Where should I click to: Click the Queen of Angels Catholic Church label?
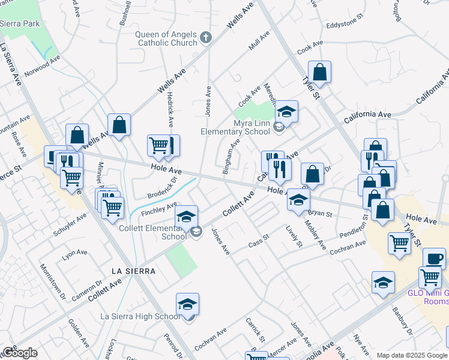pyautogui.click(x=166, y=38)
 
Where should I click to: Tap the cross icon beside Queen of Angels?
pyautogui.click(x=205, y=38)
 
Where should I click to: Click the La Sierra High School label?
pyautogui.click(x=139, y=316)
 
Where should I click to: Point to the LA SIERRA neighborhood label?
pyautogui.click(x=133, y=271)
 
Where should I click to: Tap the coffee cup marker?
pyautogui.click(x=434, y=258)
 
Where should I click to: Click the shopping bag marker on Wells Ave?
pyautogui.click(x=119, y=125)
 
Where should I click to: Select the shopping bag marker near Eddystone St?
pyautogui.click(x=320, y=72)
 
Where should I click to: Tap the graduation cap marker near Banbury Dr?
pyautogui.click(x=383, y=282)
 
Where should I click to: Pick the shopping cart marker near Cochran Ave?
pyautogui.click(x=399, y=244)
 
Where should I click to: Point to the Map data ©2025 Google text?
pyautogui.click(x=412, y=355)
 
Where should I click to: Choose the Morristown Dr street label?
pyautogui.click(x=53, y=282)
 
